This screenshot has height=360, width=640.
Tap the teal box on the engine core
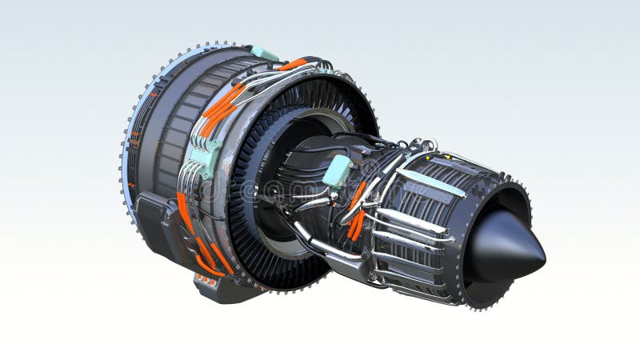[x=337, y=170]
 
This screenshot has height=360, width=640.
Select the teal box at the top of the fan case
[x=264, y=54]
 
